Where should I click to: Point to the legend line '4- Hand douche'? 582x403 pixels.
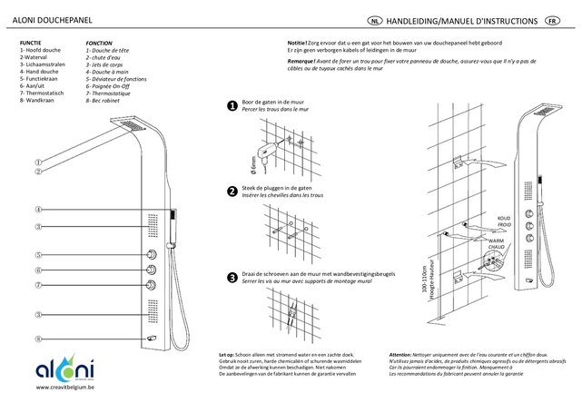click(39, 73)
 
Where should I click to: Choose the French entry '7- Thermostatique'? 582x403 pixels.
click(113, 93)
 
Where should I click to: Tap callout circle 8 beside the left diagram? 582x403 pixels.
click(39, 339)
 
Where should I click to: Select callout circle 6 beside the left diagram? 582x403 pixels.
click(39, 270)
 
